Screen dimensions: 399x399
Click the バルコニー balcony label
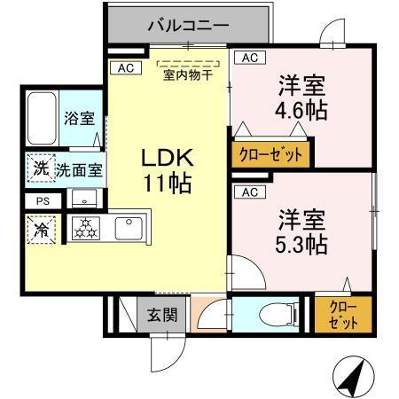[x=188, y=24]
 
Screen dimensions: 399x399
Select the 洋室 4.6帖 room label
[x=302, y=98]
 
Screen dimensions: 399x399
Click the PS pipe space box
[x=43, y=200]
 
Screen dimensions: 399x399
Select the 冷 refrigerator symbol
[x=42, y=229]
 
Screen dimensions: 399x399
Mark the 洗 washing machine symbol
[x=41, y=168]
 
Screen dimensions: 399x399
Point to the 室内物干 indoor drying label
[x=187, y=74]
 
